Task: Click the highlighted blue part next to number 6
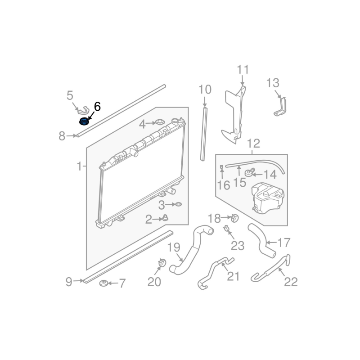click(x=84, y=121)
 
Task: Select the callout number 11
click(x=243, y=70)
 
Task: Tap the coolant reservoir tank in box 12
click(x=268, y=198)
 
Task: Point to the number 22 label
click(x=291, y=282)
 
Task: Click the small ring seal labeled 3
click(x=178, y=205)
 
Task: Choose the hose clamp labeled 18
click(x=234, y=219)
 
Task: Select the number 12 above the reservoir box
click(x=253, y=144)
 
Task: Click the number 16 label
click(x=223, y=184)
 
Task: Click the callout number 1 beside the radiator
click(x=79, y=166)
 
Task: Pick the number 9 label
click(x=69, y=282)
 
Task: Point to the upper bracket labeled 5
click(x=82, y=110)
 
